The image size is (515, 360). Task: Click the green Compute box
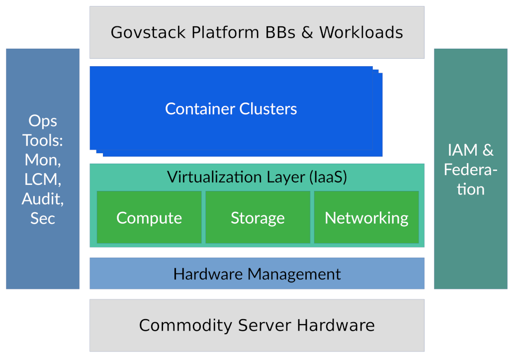[149, 218]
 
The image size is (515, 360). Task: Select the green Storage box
[257, 218]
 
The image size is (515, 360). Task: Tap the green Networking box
[366, 218]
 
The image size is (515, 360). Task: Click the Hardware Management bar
[257, 273]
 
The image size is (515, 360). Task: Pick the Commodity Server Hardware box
[257, 325]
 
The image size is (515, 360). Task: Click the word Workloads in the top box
[361, 32]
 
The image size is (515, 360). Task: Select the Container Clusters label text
[231, 109]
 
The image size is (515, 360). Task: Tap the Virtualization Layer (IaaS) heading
[257, 177]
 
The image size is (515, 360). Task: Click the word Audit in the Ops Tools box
[43, 199]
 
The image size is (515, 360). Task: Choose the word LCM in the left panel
[43, 180]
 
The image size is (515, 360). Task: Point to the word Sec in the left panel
[43, 218]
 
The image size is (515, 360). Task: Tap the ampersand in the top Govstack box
[307, 32]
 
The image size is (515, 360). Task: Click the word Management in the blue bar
[294, 273]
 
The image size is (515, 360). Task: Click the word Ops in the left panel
[43, 121]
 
